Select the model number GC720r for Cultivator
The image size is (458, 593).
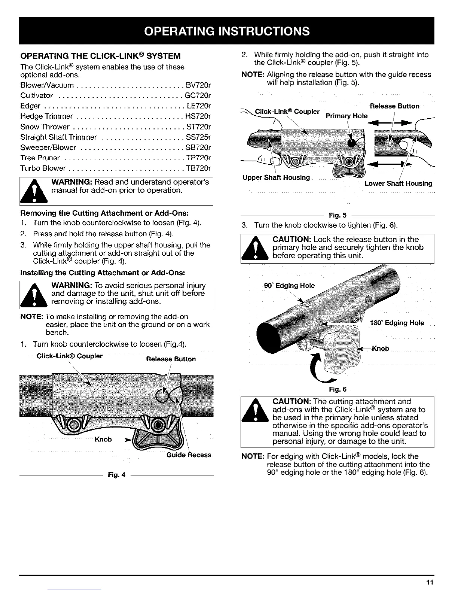pos(198,95)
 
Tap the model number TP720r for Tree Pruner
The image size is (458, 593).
pos(198,158)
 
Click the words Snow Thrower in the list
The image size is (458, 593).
pos(45,127)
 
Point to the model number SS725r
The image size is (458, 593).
pos(198,137)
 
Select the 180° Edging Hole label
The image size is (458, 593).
pos(397,323)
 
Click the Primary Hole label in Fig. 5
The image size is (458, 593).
pos(346,116)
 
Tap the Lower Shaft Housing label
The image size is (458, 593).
pos(398,183)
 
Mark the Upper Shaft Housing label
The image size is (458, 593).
pos(276,177)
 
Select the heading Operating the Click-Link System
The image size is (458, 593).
pos(101,56)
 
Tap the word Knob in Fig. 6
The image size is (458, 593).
pos(381,349)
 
